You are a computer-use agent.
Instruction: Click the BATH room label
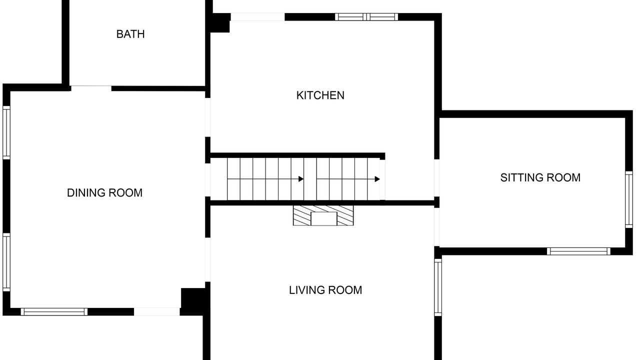[130, 34]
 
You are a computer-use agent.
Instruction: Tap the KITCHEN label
[320, 95]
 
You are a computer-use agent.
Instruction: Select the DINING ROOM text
[104, 193]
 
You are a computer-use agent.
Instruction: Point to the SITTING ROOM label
[540, 177]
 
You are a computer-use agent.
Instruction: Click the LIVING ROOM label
[325, 290]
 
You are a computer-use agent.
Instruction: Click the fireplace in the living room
[323, 215]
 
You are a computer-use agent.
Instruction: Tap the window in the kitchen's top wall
[366, 17]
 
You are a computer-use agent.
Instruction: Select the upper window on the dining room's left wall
[6, 132]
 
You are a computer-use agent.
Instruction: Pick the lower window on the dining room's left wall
[6, 262]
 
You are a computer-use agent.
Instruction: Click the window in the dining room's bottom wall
[54, 311]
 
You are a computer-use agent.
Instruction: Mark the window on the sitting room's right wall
[629, 199]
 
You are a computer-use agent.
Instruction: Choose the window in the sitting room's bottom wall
[578, 251]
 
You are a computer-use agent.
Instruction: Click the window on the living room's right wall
[438, 287]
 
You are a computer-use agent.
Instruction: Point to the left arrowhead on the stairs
[301, 179]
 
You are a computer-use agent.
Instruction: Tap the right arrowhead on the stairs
[377, 179]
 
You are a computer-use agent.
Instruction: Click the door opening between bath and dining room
[91, 88]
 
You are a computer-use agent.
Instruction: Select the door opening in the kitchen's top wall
[257, 17]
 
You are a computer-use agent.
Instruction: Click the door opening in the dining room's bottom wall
[157, 311]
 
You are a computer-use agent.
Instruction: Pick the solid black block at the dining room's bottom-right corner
[193, 301]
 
